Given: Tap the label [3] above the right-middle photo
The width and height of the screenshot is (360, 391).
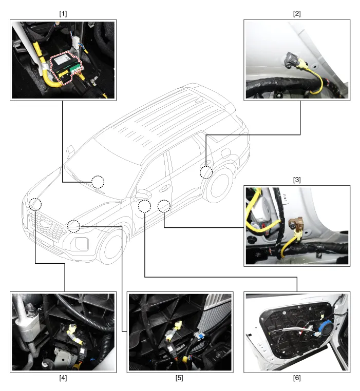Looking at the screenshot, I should coord(296,180).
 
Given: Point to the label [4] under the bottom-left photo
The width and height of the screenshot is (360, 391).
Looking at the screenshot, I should coord(63,379).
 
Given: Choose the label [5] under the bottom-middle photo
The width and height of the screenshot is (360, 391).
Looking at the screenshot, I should coord(180,379).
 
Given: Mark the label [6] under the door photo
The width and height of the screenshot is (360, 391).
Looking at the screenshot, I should coord(296,379).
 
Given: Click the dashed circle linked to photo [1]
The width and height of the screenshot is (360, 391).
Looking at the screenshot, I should coord(98,182).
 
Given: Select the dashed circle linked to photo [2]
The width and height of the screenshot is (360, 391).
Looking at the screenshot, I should coord(206,172).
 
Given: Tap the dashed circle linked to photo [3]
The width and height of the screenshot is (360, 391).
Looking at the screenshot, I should coord(163,206).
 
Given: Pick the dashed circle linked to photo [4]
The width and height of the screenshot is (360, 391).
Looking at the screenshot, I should coord(35,204).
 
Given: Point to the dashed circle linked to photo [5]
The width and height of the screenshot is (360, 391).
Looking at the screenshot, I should coord(73,225).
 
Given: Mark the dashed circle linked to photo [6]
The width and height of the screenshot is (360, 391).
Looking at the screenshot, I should coord(144,206).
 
